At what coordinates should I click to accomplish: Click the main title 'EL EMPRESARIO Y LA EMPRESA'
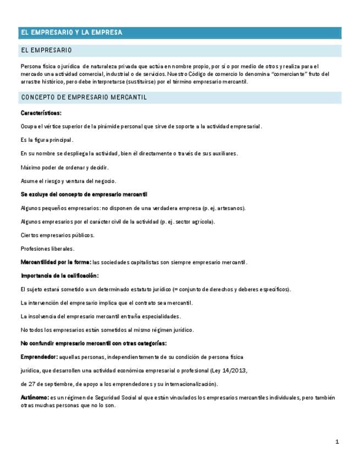pos(71,33)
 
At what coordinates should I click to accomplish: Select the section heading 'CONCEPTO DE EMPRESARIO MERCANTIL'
pos(84,98)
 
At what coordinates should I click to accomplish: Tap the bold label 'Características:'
pos(41,113)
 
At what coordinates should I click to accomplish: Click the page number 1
pos(337,441)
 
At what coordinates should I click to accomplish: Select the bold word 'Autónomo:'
pos(34,397)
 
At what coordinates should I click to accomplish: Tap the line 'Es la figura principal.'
pos(47,140)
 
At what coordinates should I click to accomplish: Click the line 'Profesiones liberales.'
pos(47,248)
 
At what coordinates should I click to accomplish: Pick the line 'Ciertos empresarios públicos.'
pos(57,235)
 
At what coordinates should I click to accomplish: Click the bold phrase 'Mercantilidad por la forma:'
pos(56,262)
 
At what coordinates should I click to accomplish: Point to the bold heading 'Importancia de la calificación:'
pos(59,275)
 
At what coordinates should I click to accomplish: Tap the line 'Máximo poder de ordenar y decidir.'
pos(64,167)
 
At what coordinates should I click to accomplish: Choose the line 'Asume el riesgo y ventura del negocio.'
pos(68,181)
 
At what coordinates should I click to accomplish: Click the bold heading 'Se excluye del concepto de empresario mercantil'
pos(84,195)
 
